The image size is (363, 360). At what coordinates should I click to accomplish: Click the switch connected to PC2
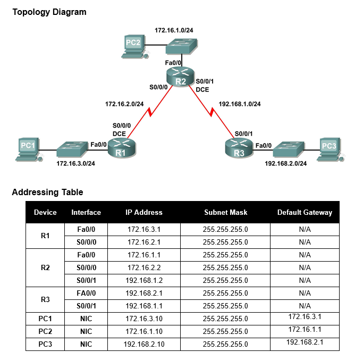pos(181,47)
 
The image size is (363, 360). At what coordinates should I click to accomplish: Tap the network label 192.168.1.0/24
pos(240,104)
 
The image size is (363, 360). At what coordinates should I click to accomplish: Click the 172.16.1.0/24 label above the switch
pos(174,30)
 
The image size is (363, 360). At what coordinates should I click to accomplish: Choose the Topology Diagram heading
pos(49,12)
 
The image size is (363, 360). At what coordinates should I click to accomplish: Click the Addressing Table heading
pos(47,192)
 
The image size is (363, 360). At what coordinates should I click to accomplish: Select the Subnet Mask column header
pos(225,212)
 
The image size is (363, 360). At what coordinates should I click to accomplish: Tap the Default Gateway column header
pos(305,212)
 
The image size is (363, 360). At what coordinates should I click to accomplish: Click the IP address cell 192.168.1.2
pos(143,280)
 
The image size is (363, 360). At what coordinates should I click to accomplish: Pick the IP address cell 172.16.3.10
pos(143,319)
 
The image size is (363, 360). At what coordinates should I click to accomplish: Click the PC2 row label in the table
pos(45,331)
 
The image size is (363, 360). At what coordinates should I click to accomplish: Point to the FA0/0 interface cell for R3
pos(86,293)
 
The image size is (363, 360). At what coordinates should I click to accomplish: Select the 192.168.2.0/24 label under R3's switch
pos(285,163)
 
